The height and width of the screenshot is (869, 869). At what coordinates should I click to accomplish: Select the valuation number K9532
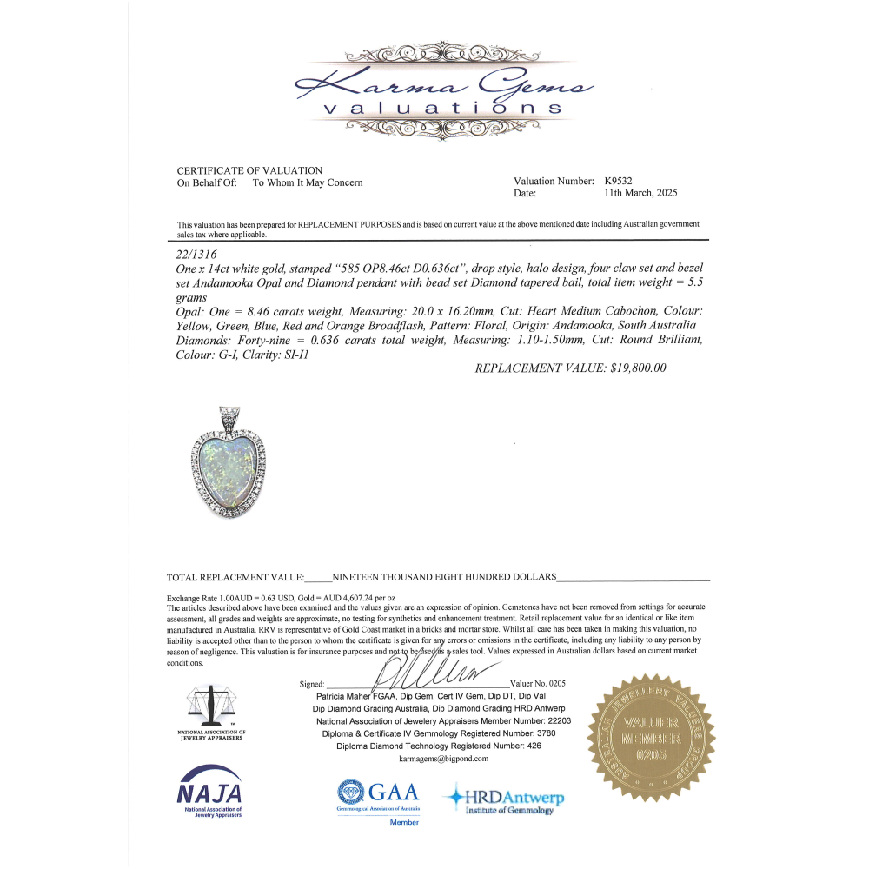tap(619, 182)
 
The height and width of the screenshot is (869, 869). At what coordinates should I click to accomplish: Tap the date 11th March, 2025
tap(641, 193)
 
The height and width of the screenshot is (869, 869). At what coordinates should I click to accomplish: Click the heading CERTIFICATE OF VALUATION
tap(249, 170)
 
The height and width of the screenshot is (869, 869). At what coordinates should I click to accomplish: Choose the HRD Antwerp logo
tap(504, 799)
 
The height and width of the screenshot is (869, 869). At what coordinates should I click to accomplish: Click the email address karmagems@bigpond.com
tap(443, 759)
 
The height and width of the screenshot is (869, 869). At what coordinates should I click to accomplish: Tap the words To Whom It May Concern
tap(308, 182)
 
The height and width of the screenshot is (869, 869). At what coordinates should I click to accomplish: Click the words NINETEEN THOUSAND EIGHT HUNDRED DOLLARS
tap(443, 577)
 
